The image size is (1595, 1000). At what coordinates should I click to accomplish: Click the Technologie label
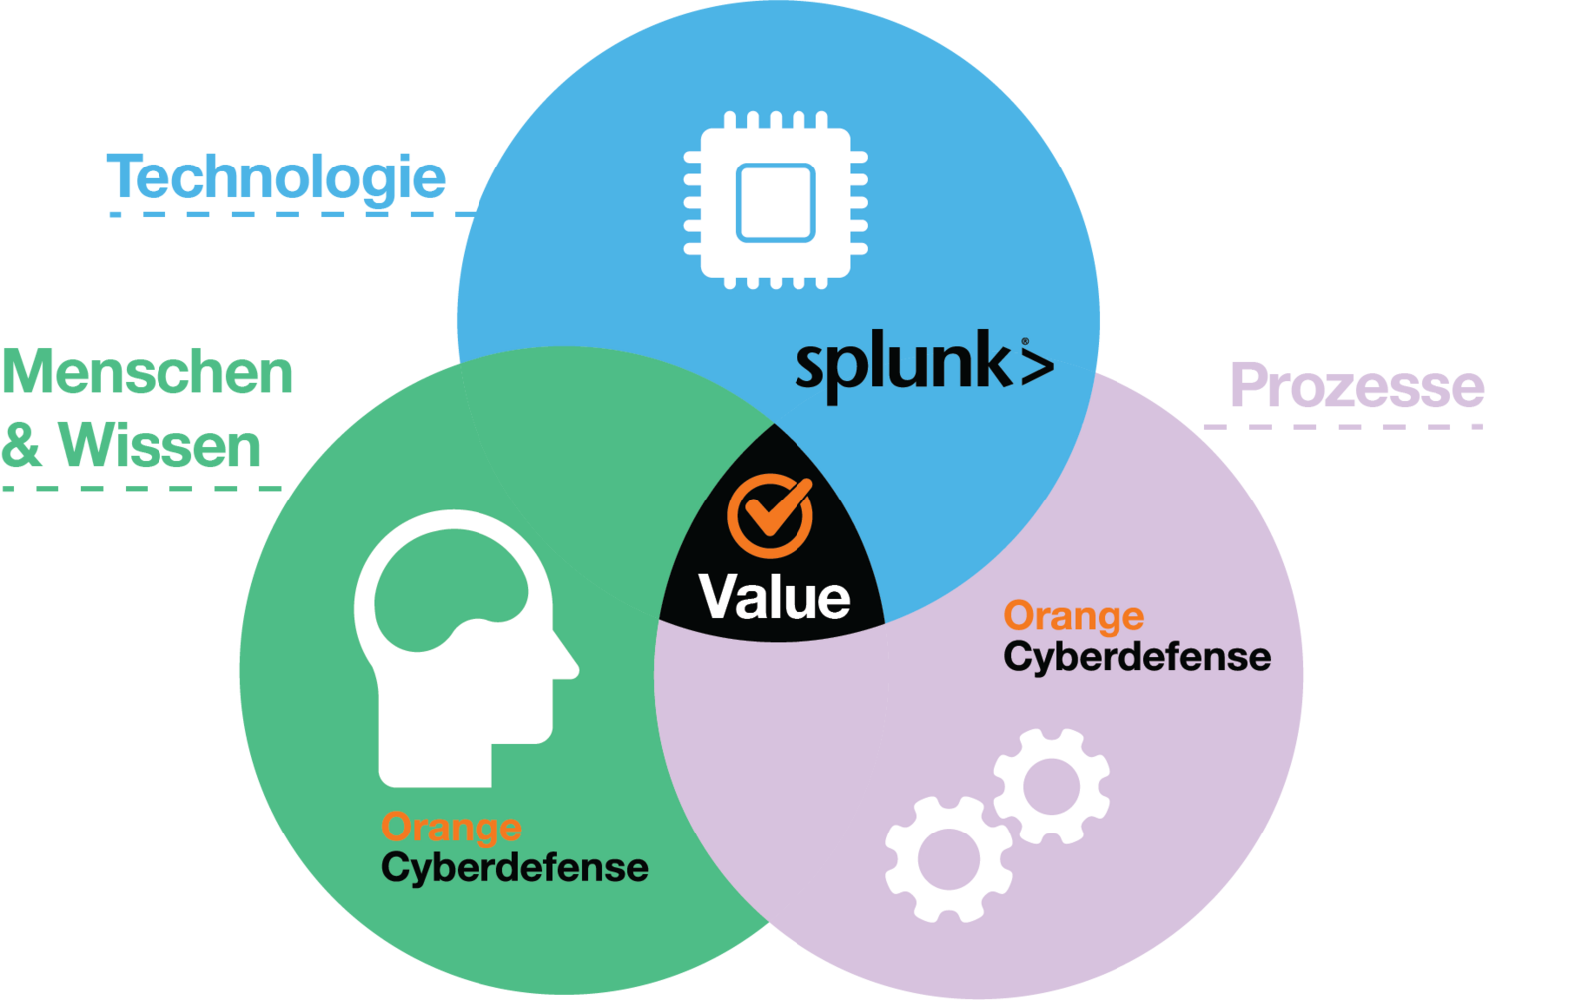click(276, 178)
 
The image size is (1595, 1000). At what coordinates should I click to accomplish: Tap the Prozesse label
click(1357, 386)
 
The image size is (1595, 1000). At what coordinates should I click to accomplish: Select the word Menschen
click(148, 373)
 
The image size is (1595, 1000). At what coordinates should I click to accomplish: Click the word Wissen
click(160, 445)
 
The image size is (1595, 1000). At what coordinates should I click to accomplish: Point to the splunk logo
click(923, 365)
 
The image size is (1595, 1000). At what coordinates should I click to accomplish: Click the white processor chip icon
click(776, 200)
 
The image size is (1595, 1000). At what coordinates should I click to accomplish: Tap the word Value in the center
click(775, 597)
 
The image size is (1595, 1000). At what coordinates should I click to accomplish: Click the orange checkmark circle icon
click(770, 515)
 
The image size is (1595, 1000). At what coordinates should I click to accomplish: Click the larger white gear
click(947, 857)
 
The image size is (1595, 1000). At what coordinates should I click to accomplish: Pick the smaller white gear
click(1051, 786)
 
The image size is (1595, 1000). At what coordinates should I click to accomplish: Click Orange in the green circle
click(451, 827)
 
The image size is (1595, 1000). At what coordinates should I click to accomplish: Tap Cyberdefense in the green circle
click(514, 867)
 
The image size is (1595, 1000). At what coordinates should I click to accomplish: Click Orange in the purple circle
click(1074, 616)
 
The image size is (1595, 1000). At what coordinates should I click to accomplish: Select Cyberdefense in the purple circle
click(1137, 657)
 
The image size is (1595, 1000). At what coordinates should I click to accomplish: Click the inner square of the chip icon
click(776, 202)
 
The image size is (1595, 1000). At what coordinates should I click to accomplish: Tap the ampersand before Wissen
click(22, 445)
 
